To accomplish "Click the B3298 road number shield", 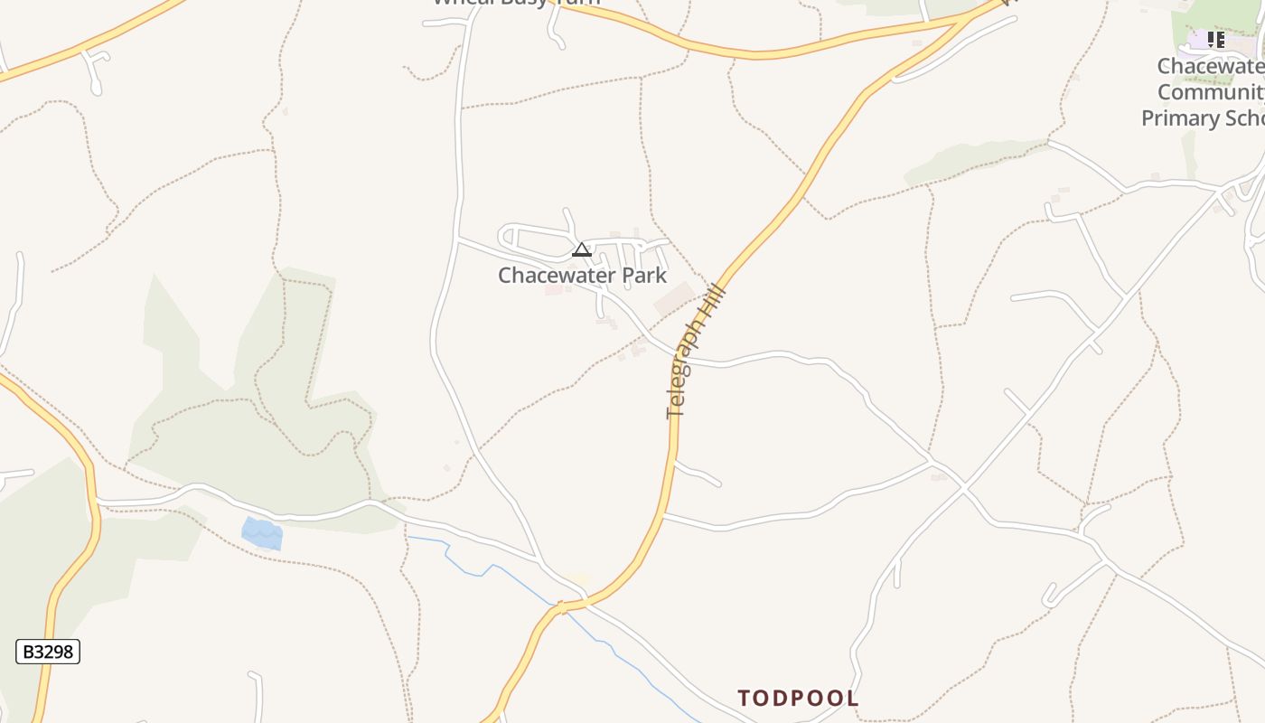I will [48, 652].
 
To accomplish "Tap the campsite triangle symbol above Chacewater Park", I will [582, 249].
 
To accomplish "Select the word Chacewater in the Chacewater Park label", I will [551, 275].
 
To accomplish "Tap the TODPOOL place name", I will [798, 698].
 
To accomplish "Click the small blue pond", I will [263, 533].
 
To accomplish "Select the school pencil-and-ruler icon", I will [1216, 40].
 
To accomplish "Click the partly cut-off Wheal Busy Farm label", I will [515, 3].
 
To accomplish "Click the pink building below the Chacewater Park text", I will [553, 291].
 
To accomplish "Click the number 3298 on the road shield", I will [55, 652].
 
